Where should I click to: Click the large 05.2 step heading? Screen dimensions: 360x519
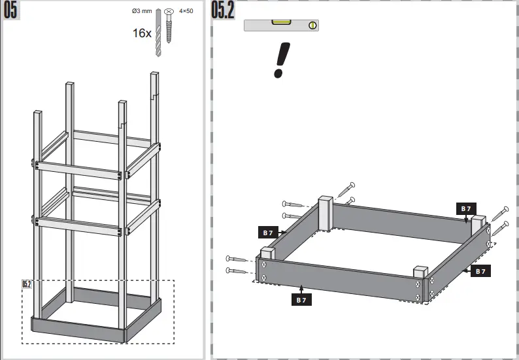click(x=223, y=11)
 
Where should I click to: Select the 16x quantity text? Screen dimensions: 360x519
click(x=142, y=33)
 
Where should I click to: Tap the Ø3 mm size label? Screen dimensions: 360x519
click(x=141, y=11)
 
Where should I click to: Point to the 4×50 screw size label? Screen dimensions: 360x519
click(x=186, y=11)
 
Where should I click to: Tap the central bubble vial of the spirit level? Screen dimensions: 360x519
click(x=282, y=24)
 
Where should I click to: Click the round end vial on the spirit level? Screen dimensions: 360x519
click(x=313, y=25)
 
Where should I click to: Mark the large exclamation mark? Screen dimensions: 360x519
click(x=281, y=59)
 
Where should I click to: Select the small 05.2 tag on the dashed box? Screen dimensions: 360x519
click(x=27, y=284)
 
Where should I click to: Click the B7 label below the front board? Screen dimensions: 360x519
click(x=301, y=300)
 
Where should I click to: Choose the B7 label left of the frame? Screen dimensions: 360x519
click(x=268, y=232)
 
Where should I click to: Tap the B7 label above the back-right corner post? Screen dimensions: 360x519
click(x=465, y=208)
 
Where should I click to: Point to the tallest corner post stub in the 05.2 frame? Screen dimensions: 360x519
click(x=326, y=212)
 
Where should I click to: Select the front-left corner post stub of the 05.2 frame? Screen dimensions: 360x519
click(x=267, y=253)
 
